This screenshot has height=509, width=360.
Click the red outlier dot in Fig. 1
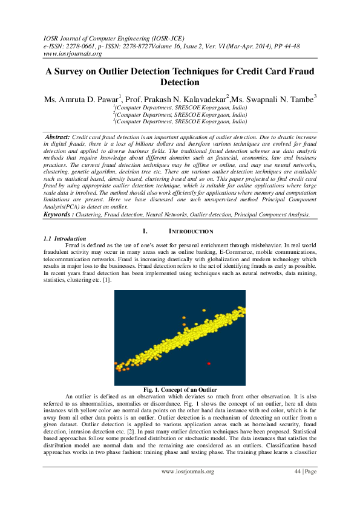click(x=209, y=363)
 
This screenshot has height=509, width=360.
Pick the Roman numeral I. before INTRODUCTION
click(x=145, y=232)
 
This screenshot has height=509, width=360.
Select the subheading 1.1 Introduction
click(x=62, y=239)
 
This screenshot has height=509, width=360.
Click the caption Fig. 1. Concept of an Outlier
click(x=180, y=389)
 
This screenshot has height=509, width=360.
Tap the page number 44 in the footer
click(x=298, y=488)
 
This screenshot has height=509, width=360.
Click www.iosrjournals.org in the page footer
click(x=188, y=488)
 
